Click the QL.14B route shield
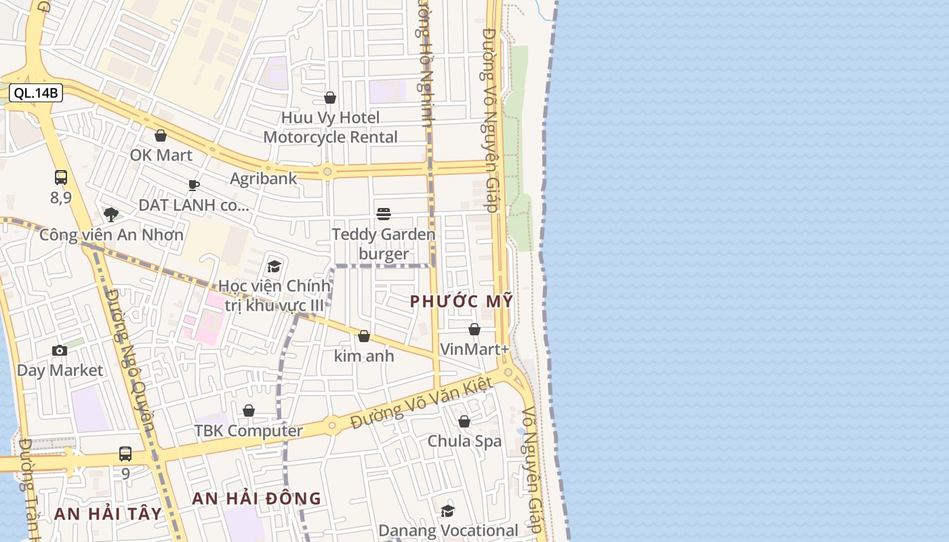click(x=36, y=93)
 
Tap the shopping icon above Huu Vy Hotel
click(x=330, y=98)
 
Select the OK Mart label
click(x=161, y=155)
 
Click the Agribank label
click(x=264, y=178)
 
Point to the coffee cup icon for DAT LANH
click(x=194, y=185)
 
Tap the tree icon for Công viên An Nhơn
click(x=111, y=215)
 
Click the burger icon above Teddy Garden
click(x=384, y=215)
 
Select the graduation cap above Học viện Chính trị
click(x=274, y=266)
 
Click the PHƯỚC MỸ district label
click(x=462, y=301)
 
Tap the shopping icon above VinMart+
click(x=474, y=330)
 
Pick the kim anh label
click(x=364, y=356)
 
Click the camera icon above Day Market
click(x=60, y=350)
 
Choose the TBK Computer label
click(x=249, y=431)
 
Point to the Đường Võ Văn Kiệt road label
click(x=421, y=404)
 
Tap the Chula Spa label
click(x=464, y=441)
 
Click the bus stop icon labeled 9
click(x=125, y=453)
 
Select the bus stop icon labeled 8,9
click(x=61, y=178)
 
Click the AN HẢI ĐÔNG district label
click(x=257, y=499)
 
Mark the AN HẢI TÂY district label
click(x=108, y=514)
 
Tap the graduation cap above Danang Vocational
click(x=448, y=511)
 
